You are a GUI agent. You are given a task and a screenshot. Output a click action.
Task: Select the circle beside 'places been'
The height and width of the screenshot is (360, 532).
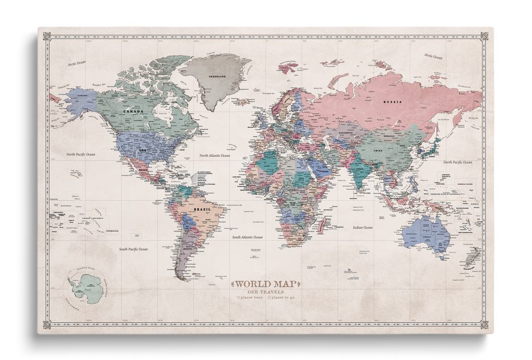(238, 297)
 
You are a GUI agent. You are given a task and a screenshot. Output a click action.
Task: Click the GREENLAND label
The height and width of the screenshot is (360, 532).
(217, 76)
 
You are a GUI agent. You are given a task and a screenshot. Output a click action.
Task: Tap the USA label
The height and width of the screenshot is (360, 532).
(143, 149)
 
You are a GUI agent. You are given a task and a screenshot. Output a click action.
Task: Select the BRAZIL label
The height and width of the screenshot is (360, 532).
(202, 209)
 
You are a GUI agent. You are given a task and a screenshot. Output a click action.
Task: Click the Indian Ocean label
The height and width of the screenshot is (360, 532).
(362, 228)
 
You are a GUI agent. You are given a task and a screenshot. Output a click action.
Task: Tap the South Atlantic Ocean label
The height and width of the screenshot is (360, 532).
(247, 237)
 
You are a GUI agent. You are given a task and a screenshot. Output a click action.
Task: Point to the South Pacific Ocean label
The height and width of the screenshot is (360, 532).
(133, 249)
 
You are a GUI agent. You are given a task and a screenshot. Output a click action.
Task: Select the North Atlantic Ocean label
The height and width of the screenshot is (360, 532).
(214, 155)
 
